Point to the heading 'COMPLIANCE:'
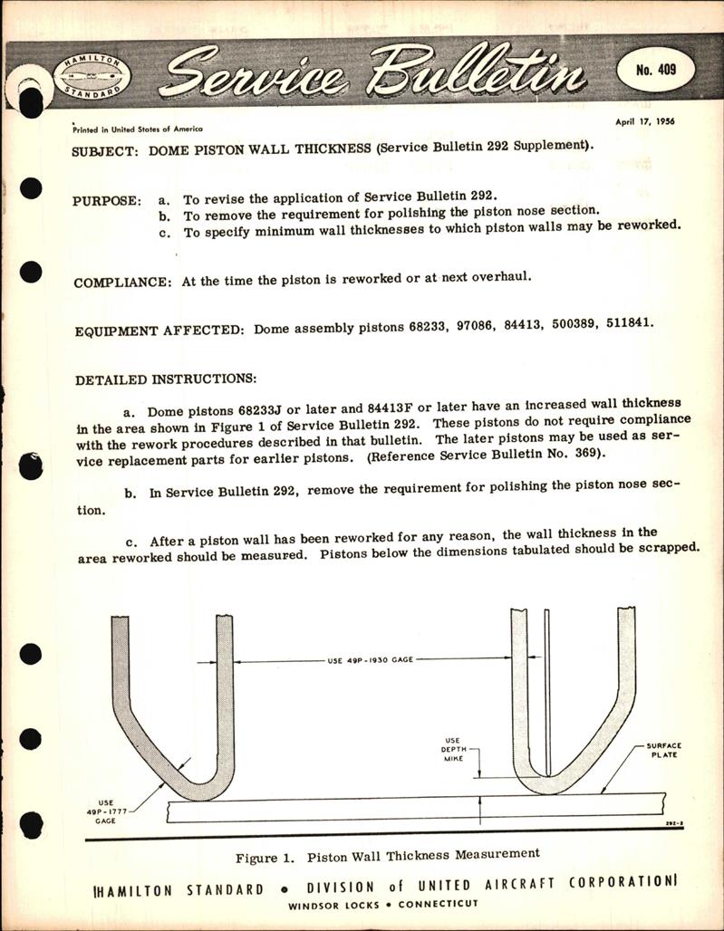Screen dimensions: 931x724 coord(121,282)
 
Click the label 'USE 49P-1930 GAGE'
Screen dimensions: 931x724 coord(369,660)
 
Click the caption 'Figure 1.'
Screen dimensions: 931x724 coord(267,853)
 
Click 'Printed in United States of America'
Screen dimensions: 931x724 coord(137,130)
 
